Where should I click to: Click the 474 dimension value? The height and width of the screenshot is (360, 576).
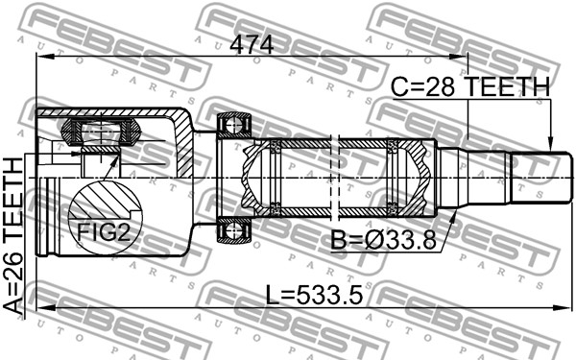[252, 45]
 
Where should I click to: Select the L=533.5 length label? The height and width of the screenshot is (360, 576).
[314, 296]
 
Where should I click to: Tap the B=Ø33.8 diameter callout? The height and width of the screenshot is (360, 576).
[383, 241]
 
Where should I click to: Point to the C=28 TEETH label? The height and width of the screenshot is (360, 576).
[470, 87]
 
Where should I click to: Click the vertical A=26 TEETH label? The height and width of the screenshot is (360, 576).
[12, 236]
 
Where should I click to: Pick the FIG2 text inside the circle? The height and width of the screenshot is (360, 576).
[104, 231]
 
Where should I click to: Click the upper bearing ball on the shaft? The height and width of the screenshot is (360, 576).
[233, 126]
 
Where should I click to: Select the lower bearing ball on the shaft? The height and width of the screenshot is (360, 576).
[233, 230]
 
